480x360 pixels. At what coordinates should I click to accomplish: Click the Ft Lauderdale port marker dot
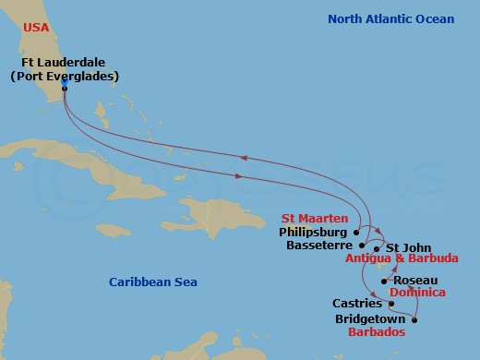pyautogui.click(x=64, y=88)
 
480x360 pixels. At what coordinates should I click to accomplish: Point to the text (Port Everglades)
pyautogui.click(x=64, y=76)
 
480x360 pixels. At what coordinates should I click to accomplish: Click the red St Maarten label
pyautogui.click(x=318, y=219)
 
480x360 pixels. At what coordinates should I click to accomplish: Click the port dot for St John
pyautogui.click(x=377, y=248)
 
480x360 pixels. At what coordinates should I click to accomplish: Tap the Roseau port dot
pyautogui.click(x=385, y=281)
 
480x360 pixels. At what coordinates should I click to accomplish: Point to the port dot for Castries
pyautogui.click(x=391, y=303)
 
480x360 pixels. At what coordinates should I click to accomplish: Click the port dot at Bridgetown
pyautogui.click(x=414, y=320)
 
